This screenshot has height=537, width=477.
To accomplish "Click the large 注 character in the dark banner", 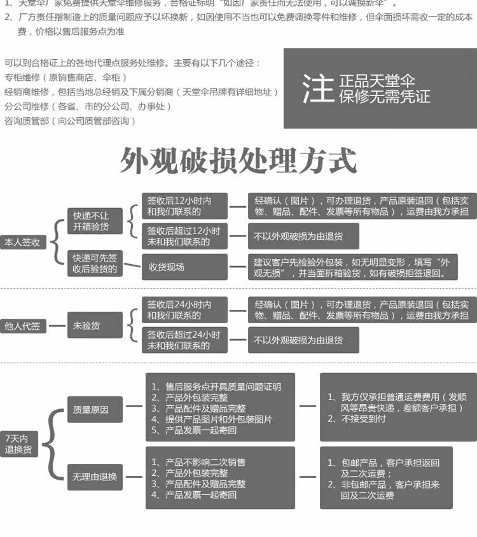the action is (317, 88).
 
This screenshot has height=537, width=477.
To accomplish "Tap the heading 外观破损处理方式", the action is (238, 161).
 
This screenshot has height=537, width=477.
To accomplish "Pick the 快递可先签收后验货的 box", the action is (94, 263).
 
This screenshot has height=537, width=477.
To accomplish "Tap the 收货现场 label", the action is (167, 267).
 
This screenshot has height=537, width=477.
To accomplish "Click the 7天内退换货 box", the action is (18, 443).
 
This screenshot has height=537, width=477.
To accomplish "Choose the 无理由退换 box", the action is (95, 477).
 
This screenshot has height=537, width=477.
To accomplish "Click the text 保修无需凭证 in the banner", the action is (384, 96).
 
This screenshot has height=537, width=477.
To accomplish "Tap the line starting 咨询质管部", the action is (71, 120).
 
